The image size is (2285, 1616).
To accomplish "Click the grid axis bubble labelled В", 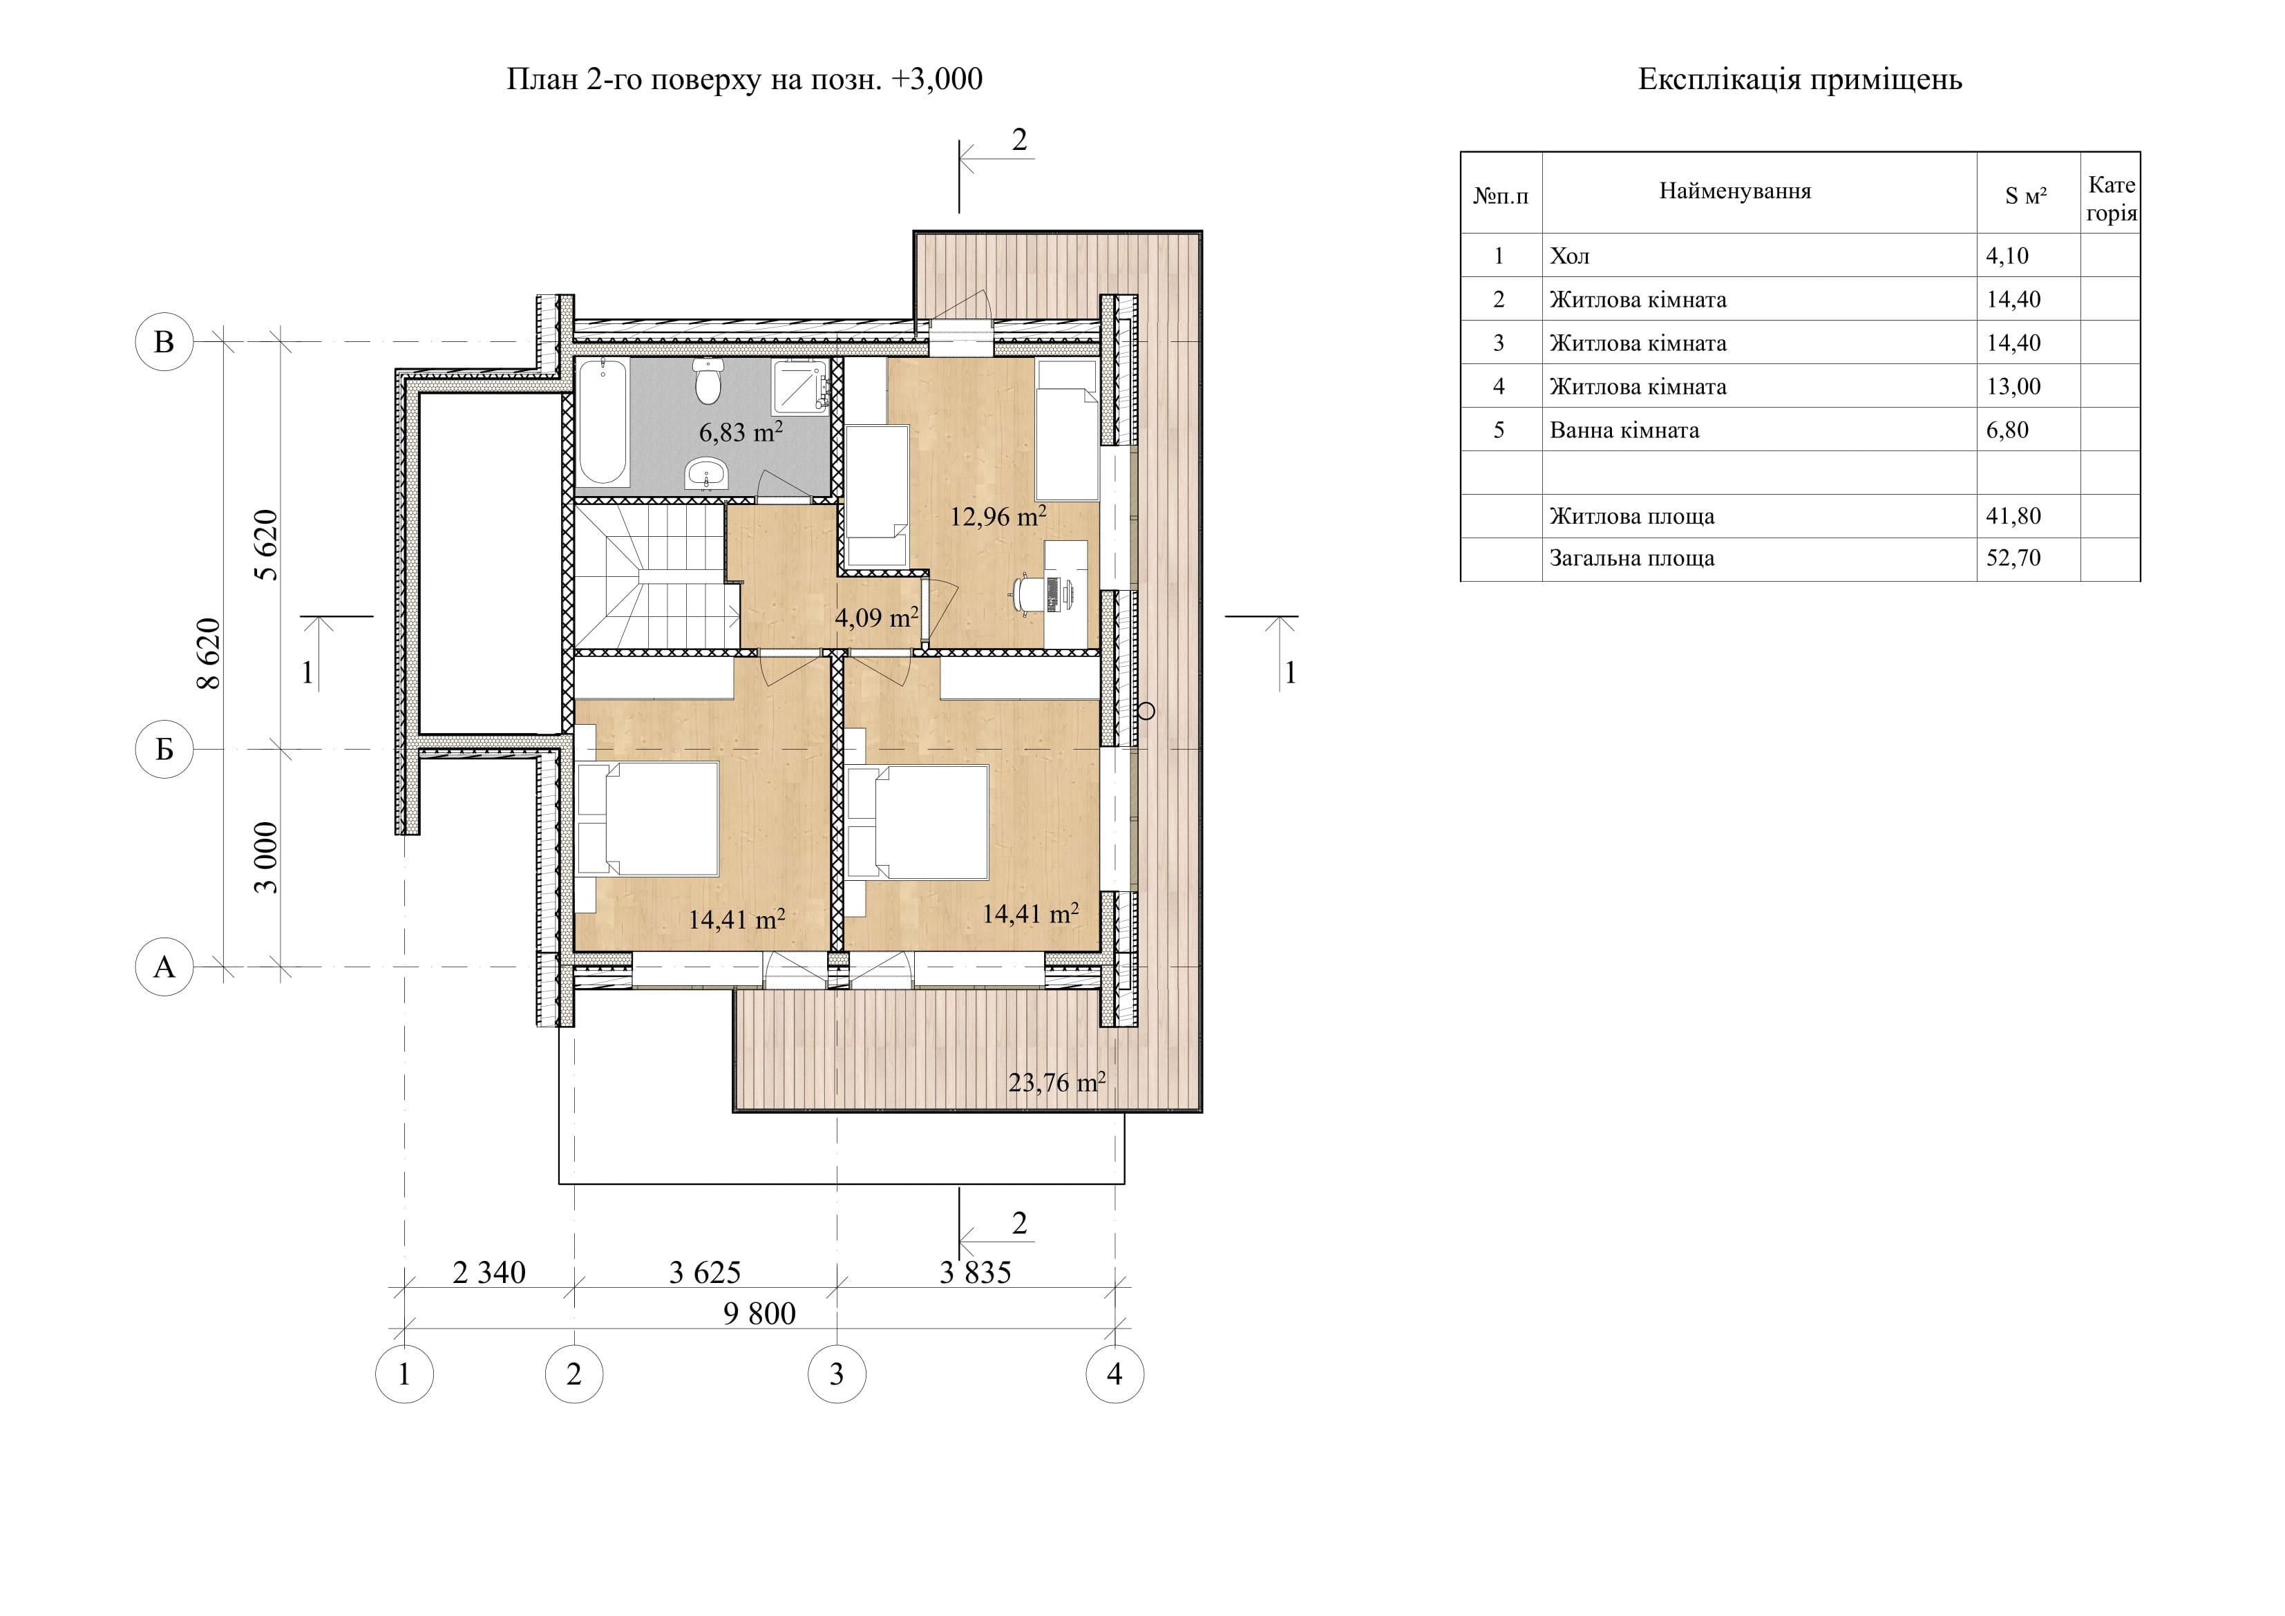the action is click(164, 341).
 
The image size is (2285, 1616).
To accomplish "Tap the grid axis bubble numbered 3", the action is click(837, 1374).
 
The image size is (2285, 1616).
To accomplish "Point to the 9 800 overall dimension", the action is click(759, 1313).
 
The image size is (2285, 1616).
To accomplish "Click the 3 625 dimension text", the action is click(705, 1273).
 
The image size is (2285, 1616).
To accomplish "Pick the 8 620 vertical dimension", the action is click(209, 654).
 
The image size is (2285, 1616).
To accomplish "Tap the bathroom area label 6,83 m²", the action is click(741, 432).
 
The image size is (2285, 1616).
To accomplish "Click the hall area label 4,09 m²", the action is click(875, 617).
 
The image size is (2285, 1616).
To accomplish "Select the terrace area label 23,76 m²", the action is click(1057, 1082).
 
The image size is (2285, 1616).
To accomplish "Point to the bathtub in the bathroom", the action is click(602, 422).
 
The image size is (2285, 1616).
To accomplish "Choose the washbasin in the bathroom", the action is click(707, 475).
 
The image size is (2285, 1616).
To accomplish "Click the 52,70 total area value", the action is click(2013, 558).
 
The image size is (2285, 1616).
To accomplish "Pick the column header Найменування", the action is click(1734, 191).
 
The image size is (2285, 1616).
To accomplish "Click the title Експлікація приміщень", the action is click(1799, 79).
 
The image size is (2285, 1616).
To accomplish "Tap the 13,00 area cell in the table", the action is click(2013, 387).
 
